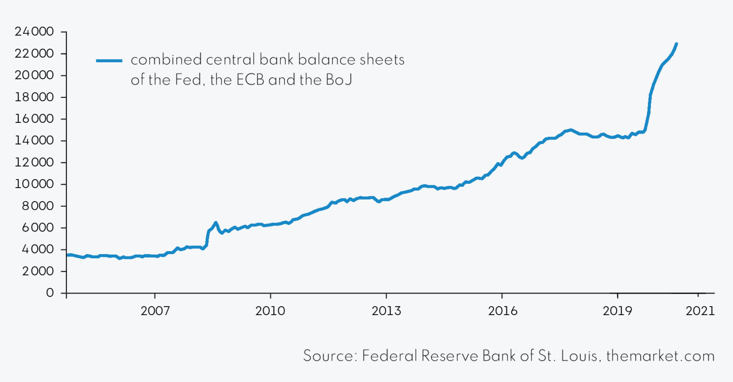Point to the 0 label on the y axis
(50, 293)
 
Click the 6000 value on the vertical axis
(37, 228)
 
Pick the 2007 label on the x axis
(155, 311)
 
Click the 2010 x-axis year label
(270, 311)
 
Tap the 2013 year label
(386, 311)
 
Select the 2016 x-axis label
(503, 311)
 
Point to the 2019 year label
(618, 311)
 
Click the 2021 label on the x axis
(700, 311)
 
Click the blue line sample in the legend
(109, 61)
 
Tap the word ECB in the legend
(250, 80)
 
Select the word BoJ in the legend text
(339, 80)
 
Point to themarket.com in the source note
(660, 356)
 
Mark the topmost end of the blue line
(676, 44)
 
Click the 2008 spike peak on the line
(216, 223)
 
